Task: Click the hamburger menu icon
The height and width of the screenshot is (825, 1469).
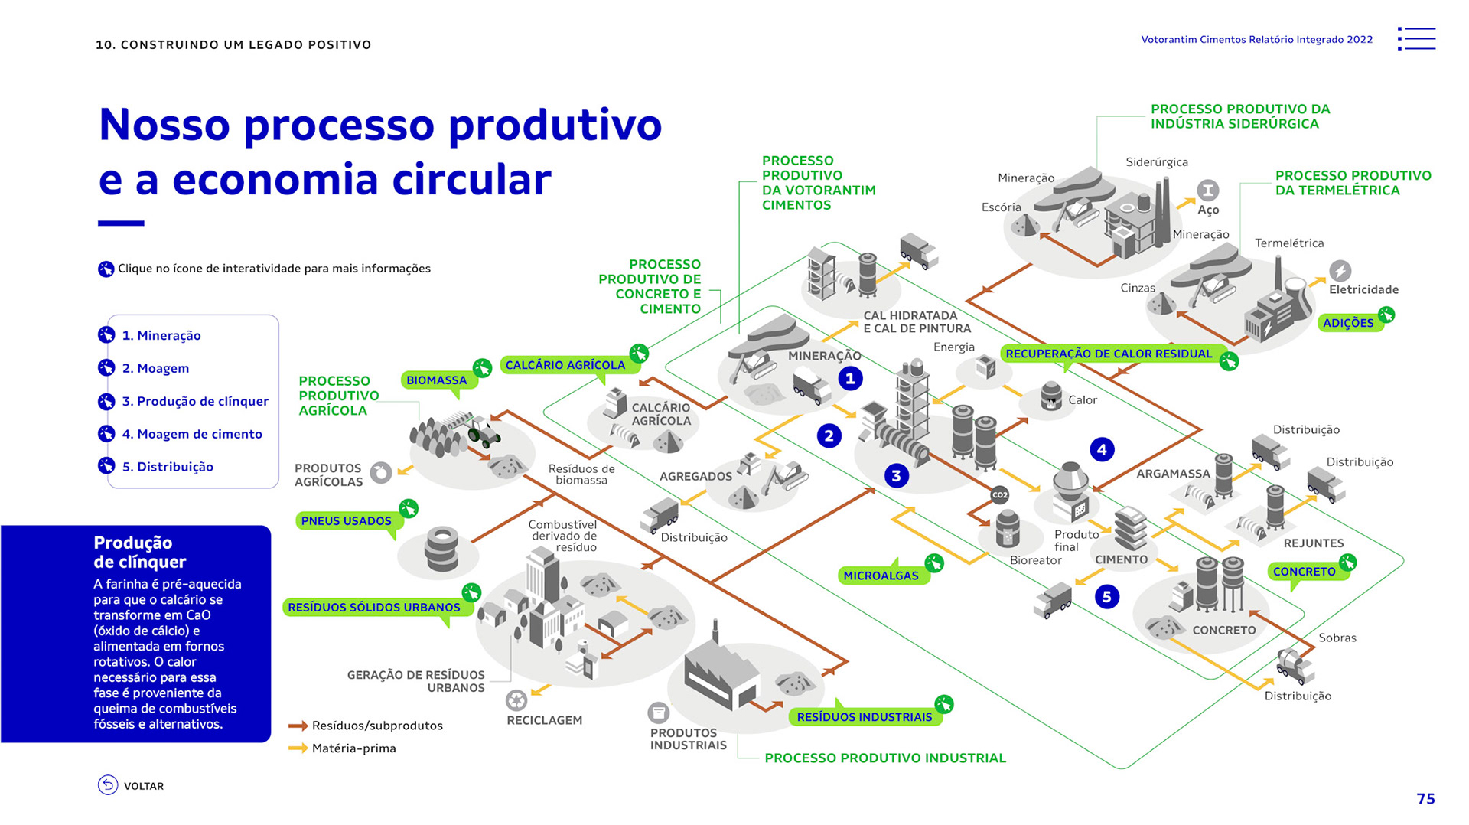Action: pos(1417,39)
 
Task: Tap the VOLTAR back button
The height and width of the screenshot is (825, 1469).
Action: pos(131,785)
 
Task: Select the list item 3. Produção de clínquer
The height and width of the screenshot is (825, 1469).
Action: pos(194,401)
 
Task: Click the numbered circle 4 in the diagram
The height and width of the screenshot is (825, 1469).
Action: pos(1101,449)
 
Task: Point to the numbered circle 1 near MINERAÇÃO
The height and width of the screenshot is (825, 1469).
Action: pos(850,378)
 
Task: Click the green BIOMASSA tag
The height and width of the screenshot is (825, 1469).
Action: pos(437,380)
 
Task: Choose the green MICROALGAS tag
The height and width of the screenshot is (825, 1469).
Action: pos(881,576)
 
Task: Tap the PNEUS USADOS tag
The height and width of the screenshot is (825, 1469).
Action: pos(347,521)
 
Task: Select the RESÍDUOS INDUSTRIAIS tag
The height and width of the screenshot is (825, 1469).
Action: pos(865,717)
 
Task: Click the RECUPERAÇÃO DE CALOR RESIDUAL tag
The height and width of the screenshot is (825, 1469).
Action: pos(1109,354)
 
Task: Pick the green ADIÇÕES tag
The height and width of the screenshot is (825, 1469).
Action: pos(1348,323)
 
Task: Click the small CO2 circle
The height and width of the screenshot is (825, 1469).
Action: pos(1000,495)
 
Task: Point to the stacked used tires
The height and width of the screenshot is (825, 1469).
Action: pos(441,548)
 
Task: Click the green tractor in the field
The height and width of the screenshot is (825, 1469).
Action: pos(484,433)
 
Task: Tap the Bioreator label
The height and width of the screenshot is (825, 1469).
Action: pos(1035,560)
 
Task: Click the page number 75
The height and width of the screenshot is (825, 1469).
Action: pos(1425,799)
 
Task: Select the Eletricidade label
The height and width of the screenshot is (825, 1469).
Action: pos(1363,289)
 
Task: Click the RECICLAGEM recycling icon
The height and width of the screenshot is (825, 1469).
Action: pos(516,699)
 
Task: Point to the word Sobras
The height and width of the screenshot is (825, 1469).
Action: pos(1337,637)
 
